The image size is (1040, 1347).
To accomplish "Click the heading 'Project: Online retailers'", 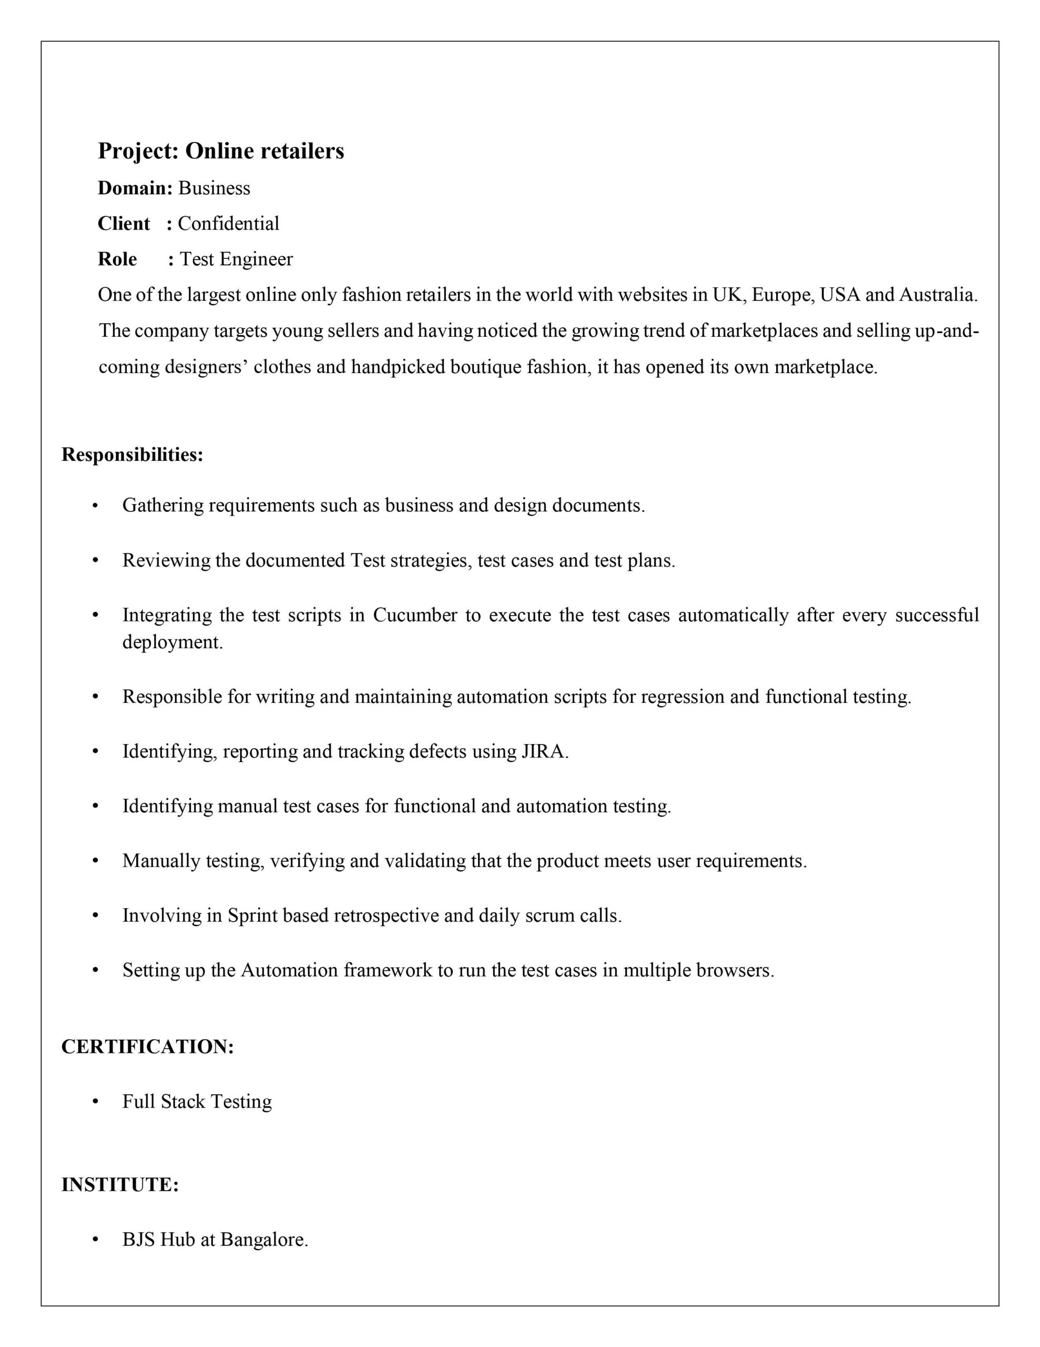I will [x=221, y=151].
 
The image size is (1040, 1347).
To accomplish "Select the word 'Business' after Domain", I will [x=214, y=188].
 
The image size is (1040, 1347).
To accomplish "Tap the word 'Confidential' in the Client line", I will [x=228, y=223].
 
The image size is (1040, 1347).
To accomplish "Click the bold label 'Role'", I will [x=117, y=259].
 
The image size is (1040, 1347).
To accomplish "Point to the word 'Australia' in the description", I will [x=937, y=295].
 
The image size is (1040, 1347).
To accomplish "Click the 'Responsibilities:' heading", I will [x=132, y=455].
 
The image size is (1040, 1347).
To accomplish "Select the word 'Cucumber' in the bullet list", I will [x=415, y=615].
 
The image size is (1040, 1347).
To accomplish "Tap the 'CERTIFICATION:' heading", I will [x=147, y=1047].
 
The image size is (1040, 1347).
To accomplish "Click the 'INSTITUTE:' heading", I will [x=119, y=1185].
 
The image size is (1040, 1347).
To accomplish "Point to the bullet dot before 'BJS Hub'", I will [x=95, y=1240].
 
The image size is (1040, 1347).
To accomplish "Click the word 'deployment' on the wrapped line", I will [x=171, y=642].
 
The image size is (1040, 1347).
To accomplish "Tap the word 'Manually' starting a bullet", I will [x=161, y=861].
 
